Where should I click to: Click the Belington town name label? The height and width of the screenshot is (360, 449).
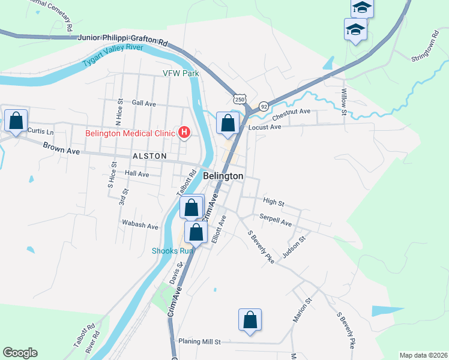223,176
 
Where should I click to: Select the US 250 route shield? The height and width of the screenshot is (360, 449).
240,99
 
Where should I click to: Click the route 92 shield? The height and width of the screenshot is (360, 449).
264,106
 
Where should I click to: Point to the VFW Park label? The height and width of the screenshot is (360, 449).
180,74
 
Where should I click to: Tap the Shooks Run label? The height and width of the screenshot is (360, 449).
172,251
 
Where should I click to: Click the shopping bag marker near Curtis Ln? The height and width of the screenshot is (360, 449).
16,121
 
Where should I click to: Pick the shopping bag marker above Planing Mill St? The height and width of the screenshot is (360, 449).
250,320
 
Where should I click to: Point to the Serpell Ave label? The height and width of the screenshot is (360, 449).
275,220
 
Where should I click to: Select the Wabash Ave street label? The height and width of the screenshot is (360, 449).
140,227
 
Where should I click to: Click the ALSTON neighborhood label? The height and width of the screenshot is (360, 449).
149,156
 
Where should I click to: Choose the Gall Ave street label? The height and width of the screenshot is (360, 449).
143,104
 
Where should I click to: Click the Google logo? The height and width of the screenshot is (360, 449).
20,353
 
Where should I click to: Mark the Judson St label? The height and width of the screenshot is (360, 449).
294,246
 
